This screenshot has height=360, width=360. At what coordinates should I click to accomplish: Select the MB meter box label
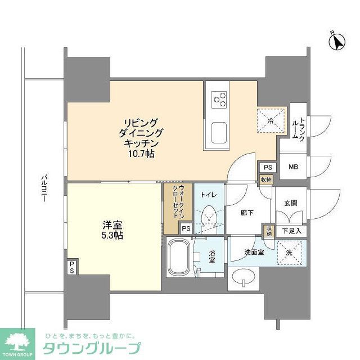[x=293, y=167]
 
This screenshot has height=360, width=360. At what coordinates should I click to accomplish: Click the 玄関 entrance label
[x=290, y=204]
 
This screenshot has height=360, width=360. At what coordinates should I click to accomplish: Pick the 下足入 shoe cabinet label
[x=292, y=231]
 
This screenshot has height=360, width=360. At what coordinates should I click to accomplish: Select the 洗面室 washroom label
[x=254, y=253]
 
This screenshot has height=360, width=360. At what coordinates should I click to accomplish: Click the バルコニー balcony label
[x=43, y=192]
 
